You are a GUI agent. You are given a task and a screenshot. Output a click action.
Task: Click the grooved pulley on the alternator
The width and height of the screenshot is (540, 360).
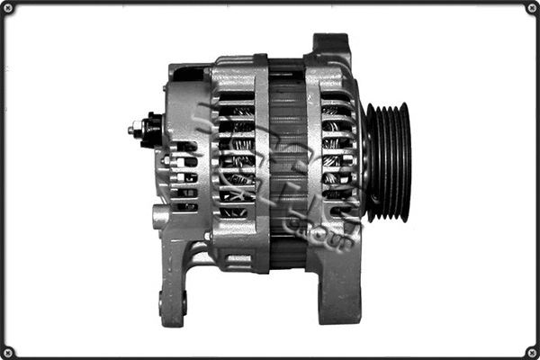[388, 162]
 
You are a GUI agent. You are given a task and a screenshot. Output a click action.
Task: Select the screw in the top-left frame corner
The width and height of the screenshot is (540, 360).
[8, 8]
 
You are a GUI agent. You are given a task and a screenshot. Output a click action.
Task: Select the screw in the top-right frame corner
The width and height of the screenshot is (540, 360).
[531, 8]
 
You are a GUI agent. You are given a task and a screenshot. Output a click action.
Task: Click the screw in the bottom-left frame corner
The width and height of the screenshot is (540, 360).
[8, 351]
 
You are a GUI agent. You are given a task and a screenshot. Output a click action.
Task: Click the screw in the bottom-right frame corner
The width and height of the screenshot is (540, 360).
[531, 351]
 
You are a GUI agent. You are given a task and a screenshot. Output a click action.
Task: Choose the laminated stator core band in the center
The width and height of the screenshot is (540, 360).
[287, 162]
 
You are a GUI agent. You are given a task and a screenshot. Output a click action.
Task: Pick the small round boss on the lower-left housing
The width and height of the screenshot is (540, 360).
[159, 217]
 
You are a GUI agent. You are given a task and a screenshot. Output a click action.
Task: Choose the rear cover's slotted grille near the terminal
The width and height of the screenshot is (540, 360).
[184, 175]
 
